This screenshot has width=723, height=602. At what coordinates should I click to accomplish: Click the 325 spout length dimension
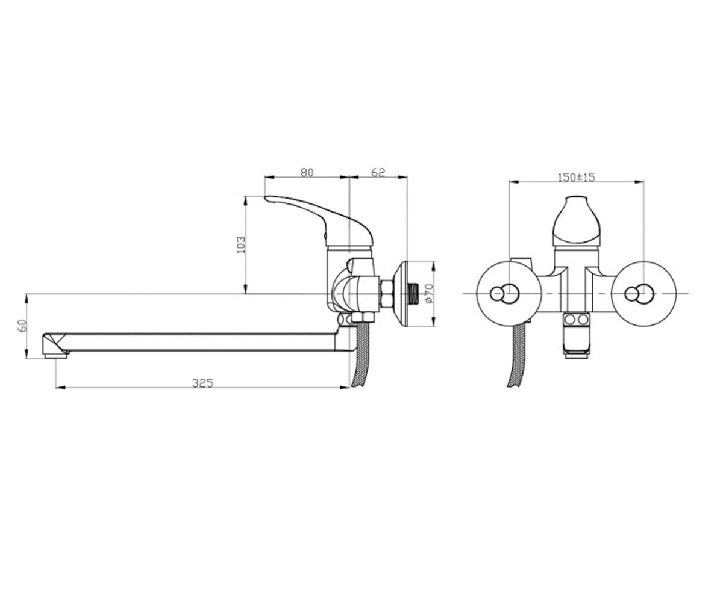pos(203,383)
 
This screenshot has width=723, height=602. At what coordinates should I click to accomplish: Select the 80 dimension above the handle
pos(307,172)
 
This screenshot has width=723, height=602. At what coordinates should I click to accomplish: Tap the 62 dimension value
pos(378,172)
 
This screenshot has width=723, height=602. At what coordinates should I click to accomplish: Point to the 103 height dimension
pos(241,244)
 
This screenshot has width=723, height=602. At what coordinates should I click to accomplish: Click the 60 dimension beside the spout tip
pos(22,326)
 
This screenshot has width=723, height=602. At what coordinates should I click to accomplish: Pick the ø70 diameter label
pos(428,293)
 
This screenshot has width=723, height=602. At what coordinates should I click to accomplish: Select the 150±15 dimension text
pos(576,177)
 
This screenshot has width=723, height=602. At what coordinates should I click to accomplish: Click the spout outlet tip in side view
pos(55,346)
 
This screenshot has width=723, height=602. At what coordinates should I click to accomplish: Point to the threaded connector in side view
pos(414,293)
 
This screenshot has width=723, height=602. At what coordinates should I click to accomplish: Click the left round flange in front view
pos(509,294)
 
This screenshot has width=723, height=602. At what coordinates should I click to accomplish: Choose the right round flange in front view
pos(643,294)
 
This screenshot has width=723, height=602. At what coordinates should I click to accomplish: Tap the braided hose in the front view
pos(516,356)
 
